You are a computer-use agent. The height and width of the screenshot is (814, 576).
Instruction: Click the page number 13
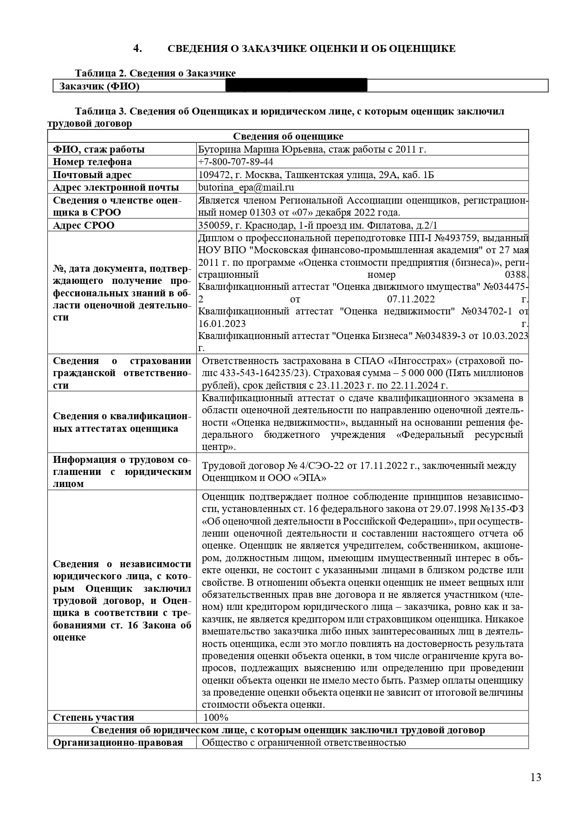click(x=536, y=777)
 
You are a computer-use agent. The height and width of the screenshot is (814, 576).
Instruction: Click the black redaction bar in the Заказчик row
click(x=296, y=85)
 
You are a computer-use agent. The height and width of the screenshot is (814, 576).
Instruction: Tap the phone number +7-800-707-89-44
click(x=235, y=162)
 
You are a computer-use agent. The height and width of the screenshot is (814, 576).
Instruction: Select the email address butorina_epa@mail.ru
click(x=246, y=187)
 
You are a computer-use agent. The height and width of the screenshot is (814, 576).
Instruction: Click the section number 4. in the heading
click(x=137, y=48)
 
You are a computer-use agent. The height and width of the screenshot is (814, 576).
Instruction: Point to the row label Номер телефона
click(x=92, y=162)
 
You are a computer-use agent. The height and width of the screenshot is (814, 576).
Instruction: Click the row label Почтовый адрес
click(x=92, y=175)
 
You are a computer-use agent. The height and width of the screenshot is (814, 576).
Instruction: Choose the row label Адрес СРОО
click(x=84, y=225)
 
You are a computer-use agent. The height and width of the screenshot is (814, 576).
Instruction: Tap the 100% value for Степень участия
click(x=216, y=718)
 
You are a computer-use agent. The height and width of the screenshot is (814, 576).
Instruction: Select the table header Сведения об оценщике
click(x=288, y=136)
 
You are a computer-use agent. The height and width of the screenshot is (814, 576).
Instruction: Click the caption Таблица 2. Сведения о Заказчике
click(x=155, y=73)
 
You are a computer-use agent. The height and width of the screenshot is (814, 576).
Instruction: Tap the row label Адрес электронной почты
click(x=116, y=187)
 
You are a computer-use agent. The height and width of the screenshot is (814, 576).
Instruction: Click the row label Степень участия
click(x=94, y=718)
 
